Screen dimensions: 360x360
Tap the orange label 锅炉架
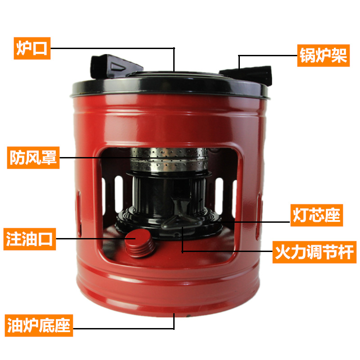323,56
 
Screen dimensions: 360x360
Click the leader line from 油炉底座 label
121,325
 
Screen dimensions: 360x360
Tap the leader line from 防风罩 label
94,157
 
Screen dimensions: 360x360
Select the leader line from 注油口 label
90,239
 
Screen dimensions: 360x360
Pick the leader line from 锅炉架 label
265,56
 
